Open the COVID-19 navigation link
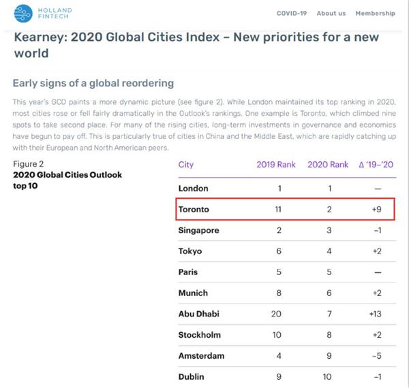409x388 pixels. tap(292, 14)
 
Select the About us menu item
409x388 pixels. tap(331, 14)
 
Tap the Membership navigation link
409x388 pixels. tap(374, 14)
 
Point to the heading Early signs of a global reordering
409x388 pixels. tap(93, 83)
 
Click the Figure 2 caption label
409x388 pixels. tap(29, 164)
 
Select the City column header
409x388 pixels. tap(186, 165)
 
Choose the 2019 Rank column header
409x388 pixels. tap(276, 165)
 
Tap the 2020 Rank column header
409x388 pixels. tap(329, 165)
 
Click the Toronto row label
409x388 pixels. tap(194, 210)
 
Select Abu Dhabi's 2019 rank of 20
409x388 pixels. tap(276, 314)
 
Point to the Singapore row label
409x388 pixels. tap(198, 230)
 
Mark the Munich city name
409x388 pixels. tap(193, 293)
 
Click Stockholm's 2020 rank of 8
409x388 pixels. tap(329, 335)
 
